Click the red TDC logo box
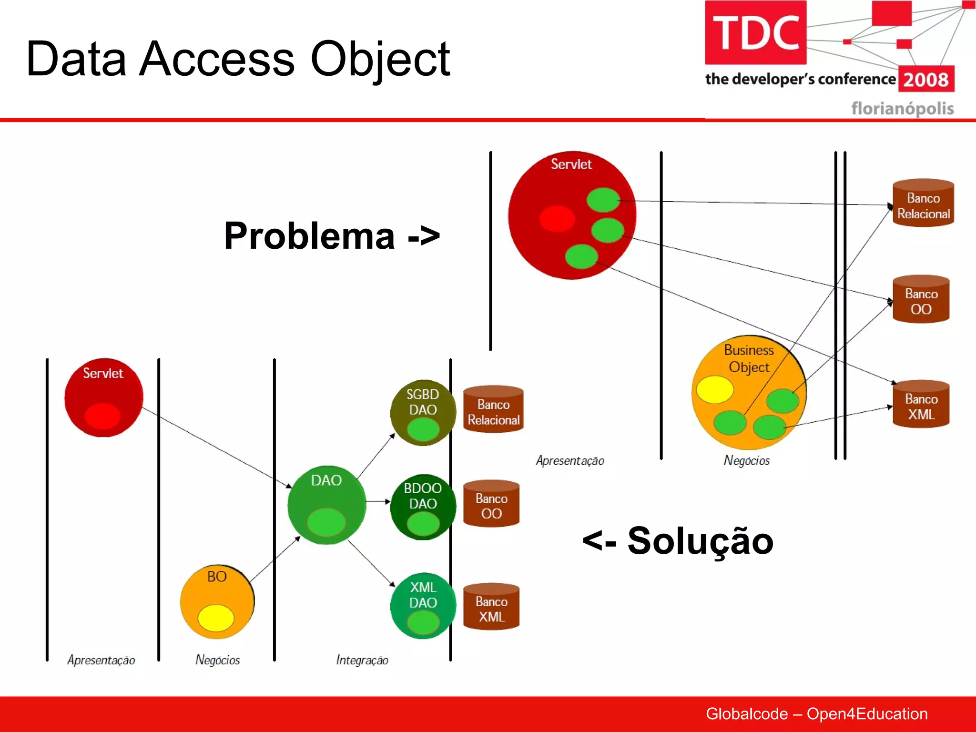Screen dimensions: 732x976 755,32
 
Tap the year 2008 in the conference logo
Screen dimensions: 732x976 926,79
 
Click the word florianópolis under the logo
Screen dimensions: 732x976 902,108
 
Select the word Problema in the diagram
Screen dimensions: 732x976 310,236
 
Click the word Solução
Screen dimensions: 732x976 700,541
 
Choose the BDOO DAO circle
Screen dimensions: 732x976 422,507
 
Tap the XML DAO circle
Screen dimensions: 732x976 422,605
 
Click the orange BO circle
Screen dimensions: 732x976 217,602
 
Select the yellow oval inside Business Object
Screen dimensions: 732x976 714,389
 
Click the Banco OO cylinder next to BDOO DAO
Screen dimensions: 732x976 491,504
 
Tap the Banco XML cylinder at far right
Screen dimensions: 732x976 921,404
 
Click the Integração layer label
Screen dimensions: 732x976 362,660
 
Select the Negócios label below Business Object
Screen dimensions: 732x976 746,460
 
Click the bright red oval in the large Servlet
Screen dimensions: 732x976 557,219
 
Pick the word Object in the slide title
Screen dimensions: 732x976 380,59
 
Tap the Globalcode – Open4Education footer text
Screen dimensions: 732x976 816,713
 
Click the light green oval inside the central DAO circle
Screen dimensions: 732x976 326,522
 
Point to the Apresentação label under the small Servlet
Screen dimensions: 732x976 101,660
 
